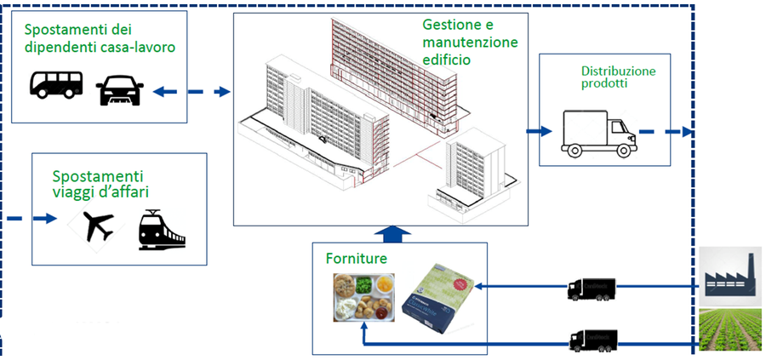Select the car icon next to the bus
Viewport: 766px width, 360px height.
120,89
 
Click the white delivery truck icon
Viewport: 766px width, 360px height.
598,135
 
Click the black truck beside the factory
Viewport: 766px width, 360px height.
592,289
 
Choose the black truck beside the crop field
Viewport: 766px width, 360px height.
592,340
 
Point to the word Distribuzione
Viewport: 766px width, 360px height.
618,71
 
